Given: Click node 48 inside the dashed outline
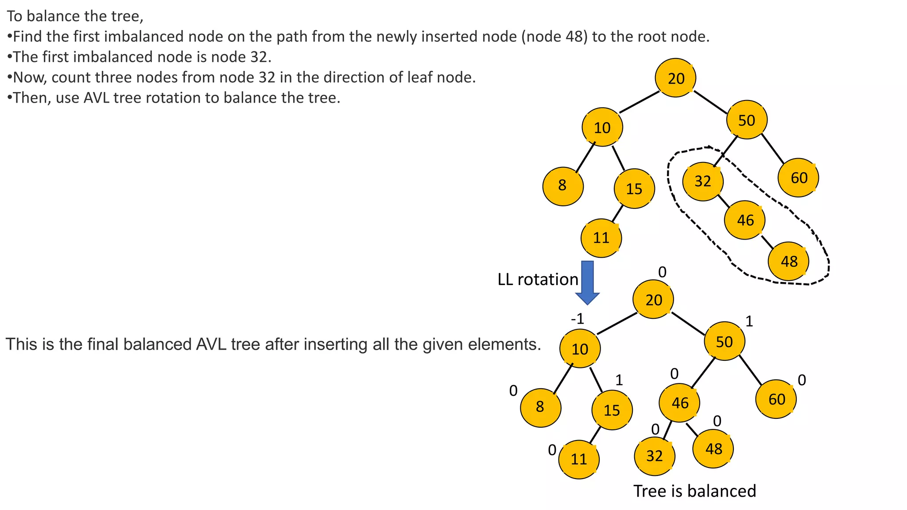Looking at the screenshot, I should pyautogui.click(x=788, y=261).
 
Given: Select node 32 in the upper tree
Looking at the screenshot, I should pyautogui.click(x=703, y=181).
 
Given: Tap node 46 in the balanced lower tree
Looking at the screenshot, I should pyautogui.click(x=679, y=403).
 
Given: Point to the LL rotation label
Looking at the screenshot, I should pyautogui.click(x=538, y=279).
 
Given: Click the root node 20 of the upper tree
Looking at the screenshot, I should pyautogui.click(x=675, y=78).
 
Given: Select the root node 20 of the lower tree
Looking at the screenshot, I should pyautogui.click(x=653, y=300).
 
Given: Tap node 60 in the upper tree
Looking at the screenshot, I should pyautogui.click(x=798, y=178).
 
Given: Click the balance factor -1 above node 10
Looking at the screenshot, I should pyautogui.click(x=577, y=318).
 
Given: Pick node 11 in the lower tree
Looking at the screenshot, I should pyautogui.click(x=578, y=459).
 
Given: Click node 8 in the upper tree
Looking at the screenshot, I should pyautogui.click(x=562, y=185).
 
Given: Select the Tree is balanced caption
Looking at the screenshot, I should pyautogui.click(x=694, y=491).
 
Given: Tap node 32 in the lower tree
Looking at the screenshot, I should pyautogui.click(x=654, y=456).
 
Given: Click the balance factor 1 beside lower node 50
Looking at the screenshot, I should pyautogui.click(x=749, y=321).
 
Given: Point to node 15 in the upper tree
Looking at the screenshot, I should pyautogui.click(x=634, y=189).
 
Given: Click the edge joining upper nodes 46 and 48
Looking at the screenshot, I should pyautogui.click(x=767, y=242).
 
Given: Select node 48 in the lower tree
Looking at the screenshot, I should pyautogui.click(x=713, y=449).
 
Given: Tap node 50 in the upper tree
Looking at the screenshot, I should pyautogui.click(x=746, y=120).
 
